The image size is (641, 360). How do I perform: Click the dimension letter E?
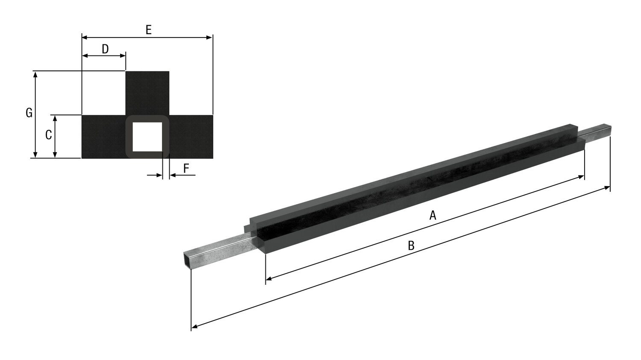[148, 30]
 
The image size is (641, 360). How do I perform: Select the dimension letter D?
[105, 49]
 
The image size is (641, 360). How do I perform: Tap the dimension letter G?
[29, 113]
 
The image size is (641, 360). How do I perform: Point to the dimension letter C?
[49, 135]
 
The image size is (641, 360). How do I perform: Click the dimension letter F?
[186, 168]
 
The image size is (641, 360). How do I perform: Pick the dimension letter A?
[433, 215]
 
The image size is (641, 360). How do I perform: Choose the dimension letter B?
[411, 246]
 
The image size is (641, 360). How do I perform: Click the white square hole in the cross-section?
[147, 137]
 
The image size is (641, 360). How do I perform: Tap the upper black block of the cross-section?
[147, 92]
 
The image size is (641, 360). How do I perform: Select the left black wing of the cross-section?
[103, 137]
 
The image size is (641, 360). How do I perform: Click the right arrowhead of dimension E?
[209, 38]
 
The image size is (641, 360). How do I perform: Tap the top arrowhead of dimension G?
[35, 74]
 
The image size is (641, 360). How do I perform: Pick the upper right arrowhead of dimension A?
[581, 176]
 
